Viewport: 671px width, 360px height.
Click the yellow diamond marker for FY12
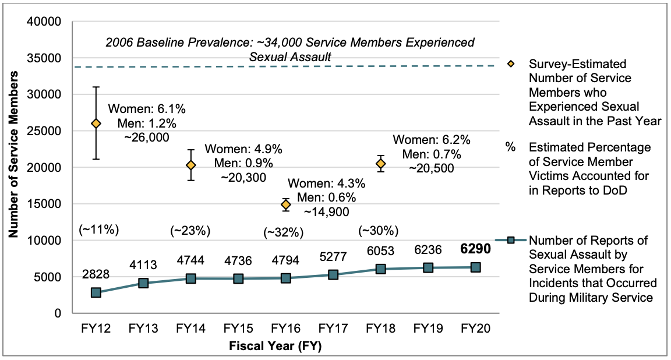point(96,123)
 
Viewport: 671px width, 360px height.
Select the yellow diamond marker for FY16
point(285,204)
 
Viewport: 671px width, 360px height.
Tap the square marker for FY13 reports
point(143,283)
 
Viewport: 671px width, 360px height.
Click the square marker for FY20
point(475,267)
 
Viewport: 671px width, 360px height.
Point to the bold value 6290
point(475,249)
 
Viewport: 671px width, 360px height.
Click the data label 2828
point(96,274)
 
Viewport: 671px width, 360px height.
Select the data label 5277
point(333,256)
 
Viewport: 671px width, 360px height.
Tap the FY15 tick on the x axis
point(238,329)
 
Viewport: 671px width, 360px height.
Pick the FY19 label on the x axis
point(428,329)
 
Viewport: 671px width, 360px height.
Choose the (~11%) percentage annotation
point(98,230)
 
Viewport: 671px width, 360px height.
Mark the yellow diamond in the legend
point(511,63)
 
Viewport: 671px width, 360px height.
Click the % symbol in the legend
point(511,147)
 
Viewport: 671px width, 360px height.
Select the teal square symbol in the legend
point(511,240)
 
